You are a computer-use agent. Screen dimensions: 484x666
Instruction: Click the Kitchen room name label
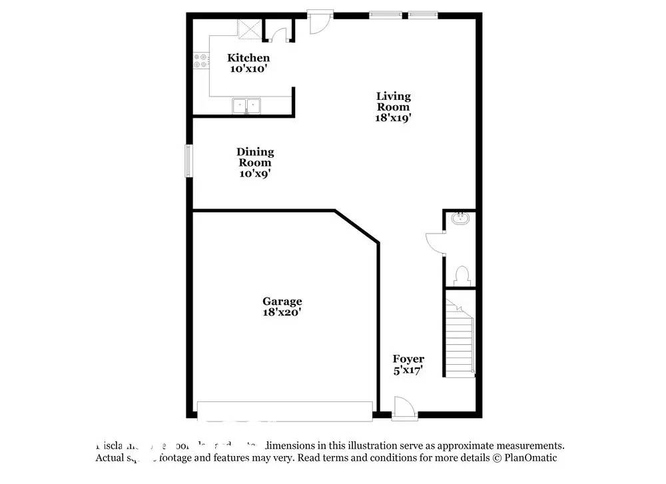248,58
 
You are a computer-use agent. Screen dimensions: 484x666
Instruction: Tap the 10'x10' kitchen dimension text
248,68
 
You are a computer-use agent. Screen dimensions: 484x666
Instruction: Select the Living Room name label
393,101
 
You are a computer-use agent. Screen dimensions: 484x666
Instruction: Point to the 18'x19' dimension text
393,117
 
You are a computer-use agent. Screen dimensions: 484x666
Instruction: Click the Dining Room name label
255,157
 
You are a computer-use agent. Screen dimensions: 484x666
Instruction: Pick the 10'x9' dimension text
255,173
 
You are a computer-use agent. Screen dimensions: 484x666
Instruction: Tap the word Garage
282,301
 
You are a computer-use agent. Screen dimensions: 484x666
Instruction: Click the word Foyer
408,359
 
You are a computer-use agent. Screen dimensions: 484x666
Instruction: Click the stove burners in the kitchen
200,61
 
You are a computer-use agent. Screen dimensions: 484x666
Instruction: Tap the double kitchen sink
247,105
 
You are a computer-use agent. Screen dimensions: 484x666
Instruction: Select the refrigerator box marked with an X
250,28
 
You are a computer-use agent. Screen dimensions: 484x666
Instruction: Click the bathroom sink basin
460,218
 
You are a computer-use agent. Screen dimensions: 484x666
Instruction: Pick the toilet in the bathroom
460,275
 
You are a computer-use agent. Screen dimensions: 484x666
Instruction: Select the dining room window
188,161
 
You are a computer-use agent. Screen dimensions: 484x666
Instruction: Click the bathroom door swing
435,243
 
